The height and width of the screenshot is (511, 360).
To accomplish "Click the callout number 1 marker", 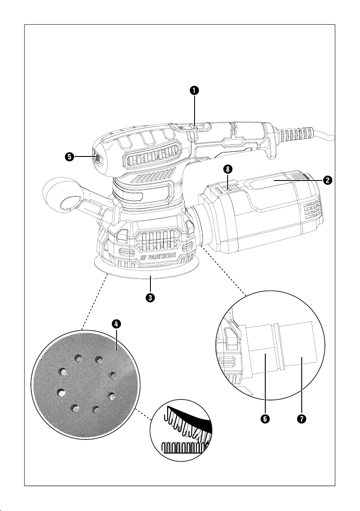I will (x=195, y=90).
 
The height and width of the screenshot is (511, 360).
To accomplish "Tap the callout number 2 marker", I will (x=327, y=180).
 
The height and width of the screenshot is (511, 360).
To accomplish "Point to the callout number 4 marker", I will (x=116, y=325).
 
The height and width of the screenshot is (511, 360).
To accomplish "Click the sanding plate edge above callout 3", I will (x=150, y=274).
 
